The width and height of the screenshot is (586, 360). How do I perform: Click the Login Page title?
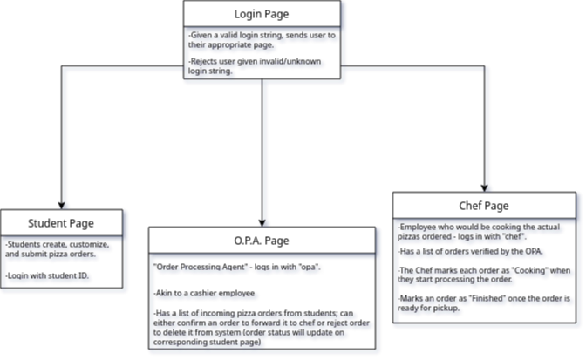coord(262,14)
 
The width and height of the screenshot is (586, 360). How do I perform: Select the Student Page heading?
coord(61,222)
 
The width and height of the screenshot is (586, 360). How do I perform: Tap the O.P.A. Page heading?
coord(262,241)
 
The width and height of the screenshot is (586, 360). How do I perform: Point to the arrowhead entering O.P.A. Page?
coord(262,221)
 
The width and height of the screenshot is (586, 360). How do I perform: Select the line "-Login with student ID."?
coord(49,275)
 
